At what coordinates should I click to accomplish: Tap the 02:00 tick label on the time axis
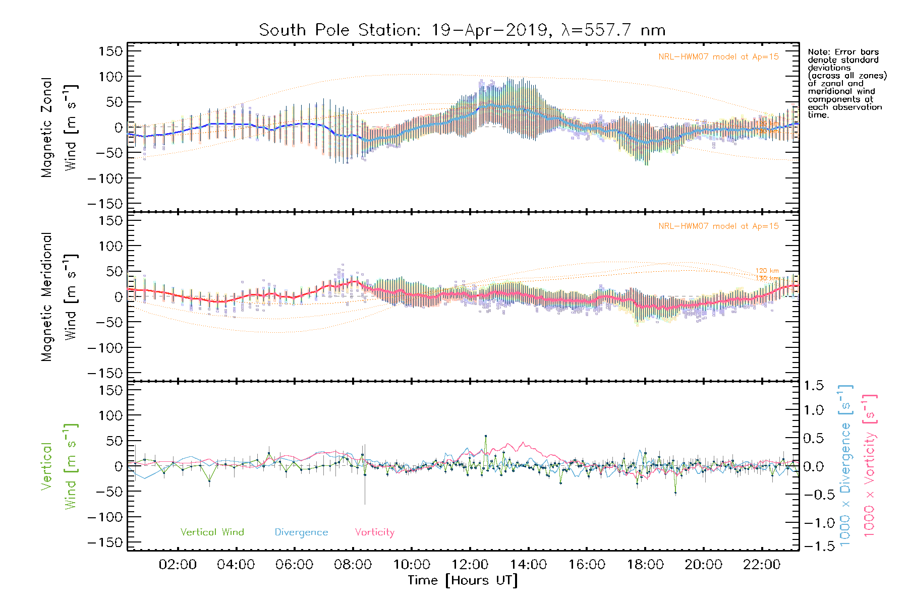point(178,565)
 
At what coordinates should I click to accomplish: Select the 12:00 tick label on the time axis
point(470,565)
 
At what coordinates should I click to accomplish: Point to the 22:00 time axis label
point(762,565)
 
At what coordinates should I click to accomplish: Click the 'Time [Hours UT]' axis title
point(463,581)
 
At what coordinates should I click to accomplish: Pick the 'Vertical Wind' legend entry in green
point(212,532)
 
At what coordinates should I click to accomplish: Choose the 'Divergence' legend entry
point(301,532)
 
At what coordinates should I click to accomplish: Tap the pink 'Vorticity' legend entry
point(374,532)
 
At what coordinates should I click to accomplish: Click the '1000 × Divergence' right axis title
point(845,466)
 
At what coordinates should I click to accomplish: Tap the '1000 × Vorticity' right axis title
point(869,466)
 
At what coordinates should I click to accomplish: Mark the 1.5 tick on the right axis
point(813,386)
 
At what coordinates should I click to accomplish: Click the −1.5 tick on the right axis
point(813,546)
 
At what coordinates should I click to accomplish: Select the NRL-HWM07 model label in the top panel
point(718,57)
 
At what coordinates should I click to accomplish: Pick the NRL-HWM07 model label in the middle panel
point(718,226)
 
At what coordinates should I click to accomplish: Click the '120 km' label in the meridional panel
point(767,271)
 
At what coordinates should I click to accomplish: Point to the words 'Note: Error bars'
point(843,52)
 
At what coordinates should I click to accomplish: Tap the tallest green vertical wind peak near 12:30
point(486,436)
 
